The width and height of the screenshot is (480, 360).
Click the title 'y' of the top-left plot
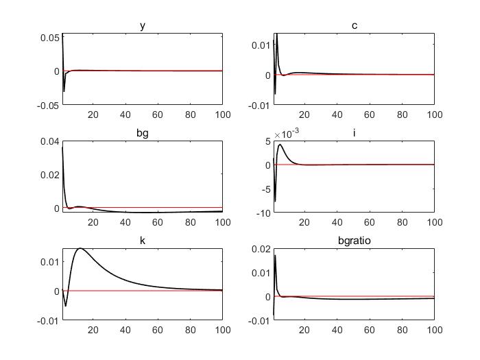[x=142, y=26]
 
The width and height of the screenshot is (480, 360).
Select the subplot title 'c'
[x=354, y=26]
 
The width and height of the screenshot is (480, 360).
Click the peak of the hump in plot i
[x=280, y=144]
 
